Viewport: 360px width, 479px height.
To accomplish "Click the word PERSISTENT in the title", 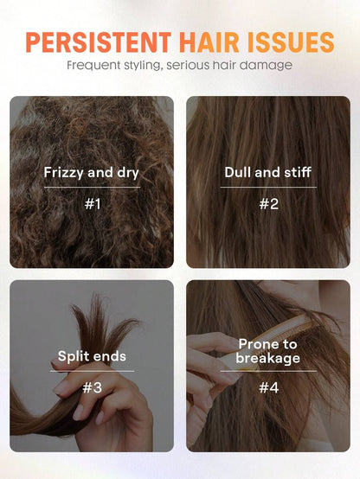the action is pyautogui.click(x=99, y=42).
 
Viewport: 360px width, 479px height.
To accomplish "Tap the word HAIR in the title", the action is pyautogui.click(x=209, y=42).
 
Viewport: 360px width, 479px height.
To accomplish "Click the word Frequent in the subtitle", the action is pyautogui.click(x=93, y=66).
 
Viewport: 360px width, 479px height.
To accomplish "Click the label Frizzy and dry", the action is pyautogui.click(x=92, y=173).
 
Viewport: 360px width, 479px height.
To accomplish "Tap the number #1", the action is pyautogui.click(x=93, y=204).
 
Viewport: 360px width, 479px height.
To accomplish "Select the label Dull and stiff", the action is pyautogui.click(x=268, y=172).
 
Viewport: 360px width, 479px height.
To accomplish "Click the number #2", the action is pyautogui.click(x=269, y=204).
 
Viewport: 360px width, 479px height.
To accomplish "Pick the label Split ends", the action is pyautogui.click(x=92, y=356).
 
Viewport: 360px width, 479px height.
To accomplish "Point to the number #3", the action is pyautogui.click(x=92, y=387).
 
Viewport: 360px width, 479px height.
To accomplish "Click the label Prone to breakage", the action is pyautogui.click(x=268, y=351).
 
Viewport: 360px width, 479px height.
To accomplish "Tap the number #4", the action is pyautogui.click(x=269, y=387).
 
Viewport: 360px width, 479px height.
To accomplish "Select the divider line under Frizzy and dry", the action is pyautogui.click(x=92, y=187).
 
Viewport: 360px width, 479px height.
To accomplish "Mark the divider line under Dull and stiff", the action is pyautogui.click(x=268, y=187).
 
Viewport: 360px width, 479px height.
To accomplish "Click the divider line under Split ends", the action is pyautogui.click(x=92, y=371).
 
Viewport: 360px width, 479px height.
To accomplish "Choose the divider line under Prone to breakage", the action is pyautogui.click(x=268, y=371).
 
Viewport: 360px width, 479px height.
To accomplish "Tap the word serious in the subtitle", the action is pyautogui.click(x=188, y=66).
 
